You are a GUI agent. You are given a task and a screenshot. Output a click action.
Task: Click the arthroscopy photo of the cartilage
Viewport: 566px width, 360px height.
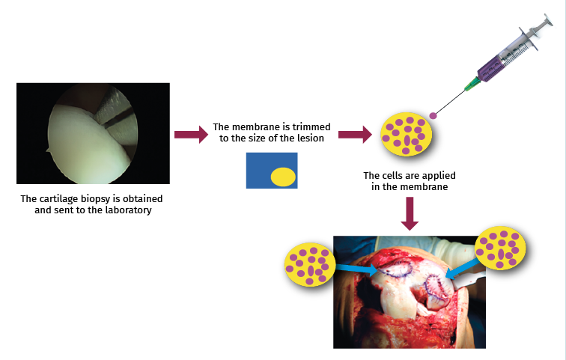point(92,133)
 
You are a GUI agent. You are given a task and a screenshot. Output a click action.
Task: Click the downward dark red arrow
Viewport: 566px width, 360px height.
point(408,213)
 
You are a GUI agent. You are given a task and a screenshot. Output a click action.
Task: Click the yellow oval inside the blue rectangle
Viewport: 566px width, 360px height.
point(283,177)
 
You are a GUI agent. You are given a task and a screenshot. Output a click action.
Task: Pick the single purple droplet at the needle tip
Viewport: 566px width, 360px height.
point(433,115)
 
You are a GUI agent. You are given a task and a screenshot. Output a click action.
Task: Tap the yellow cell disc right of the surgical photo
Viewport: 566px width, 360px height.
point(502,248)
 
